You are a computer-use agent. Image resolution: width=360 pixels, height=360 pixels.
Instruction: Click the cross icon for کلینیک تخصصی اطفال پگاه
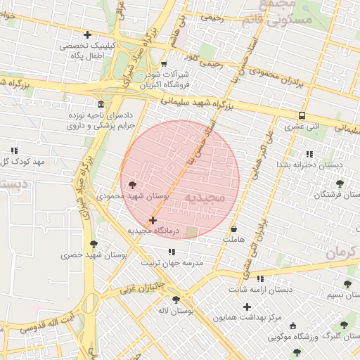pos(87,34)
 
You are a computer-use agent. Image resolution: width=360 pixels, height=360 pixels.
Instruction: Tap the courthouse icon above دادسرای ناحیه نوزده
pos(102,104)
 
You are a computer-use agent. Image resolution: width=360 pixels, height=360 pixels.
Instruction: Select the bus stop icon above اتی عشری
pos(302,116)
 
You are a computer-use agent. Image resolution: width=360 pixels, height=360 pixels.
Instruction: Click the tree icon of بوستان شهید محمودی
pos(132,185)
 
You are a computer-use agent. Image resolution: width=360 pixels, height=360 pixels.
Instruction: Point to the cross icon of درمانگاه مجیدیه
pos(153,221)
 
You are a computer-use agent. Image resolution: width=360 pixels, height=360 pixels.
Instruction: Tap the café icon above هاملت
pos(233,229)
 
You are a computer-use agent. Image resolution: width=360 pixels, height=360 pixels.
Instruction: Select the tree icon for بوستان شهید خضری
pos(94,244)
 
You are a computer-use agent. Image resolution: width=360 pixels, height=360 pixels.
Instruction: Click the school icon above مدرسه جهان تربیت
pos(172,252)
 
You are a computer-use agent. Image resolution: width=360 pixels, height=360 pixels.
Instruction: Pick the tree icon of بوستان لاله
pos(186,298)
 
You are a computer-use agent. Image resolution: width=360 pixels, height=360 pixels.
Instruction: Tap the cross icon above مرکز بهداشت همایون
pos(247,307)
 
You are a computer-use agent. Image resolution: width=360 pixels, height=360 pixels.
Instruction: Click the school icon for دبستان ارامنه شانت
pos(260,278)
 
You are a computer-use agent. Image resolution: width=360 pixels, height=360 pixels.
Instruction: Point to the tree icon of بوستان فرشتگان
pos(340,184)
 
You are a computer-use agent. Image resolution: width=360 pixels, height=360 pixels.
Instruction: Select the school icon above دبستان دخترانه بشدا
pos(309,154)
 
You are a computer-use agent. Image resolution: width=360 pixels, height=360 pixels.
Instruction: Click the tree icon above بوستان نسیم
pos(347,284)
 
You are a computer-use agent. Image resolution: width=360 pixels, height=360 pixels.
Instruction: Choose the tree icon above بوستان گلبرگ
pos(343,325)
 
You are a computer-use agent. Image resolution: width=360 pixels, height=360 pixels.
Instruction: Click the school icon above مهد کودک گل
pos(14,150)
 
